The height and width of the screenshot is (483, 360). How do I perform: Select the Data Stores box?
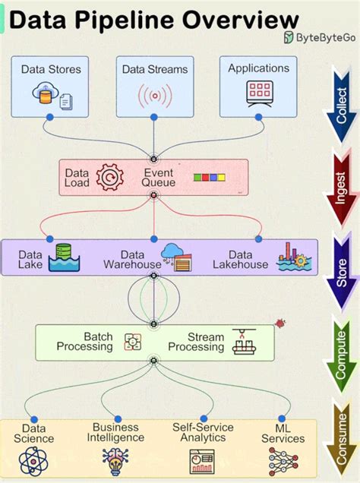tap(50, 85)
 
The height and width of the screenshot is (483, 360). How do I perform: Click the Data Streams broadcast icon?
tap(154, 96)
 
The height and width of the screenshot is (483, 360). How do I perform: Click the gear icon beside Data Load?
tap(109, 177)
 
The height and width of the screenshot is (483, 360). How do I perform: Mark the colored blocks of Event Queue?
tap(209, 178)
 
